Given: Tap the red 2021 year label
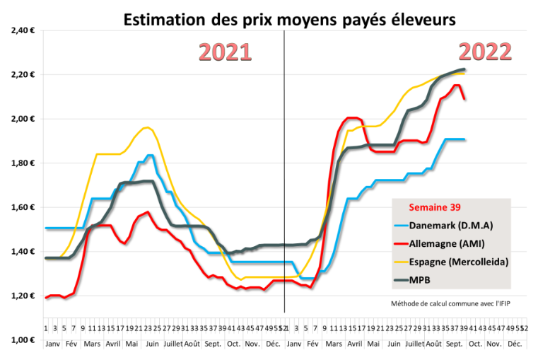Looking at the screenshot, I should pos(224,52).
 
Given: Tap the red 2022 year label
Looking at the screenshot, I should pos(486,52).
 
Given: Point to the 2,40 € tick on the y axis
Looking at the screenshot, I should pos(24,31).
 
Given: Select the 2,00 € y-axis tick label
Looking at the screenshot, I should pos(24,119).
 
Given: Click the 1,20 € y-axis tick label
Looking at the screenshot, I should pos(24,296).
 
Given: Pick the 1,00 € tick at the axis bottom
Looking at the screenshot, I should pos(24,340).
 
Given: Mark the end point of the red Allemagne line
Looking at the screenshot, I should pos(464,98).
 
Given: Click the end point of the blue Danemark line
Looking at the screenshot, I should pos(464,139).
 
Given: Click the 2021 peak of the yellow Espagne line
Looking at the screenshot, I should pos(146,127).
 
